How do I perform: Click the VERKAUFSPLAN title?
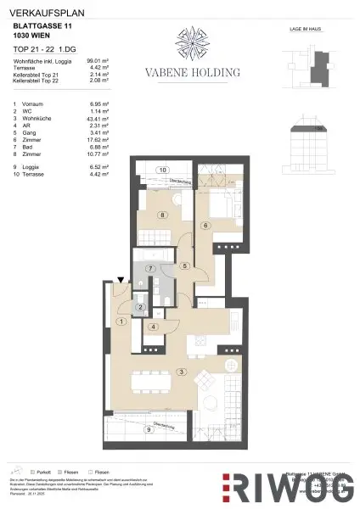pyautogui.click(x=41, y=11)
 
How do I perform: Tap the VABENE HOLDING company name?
pyautogui.click(x=196, y=74)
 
